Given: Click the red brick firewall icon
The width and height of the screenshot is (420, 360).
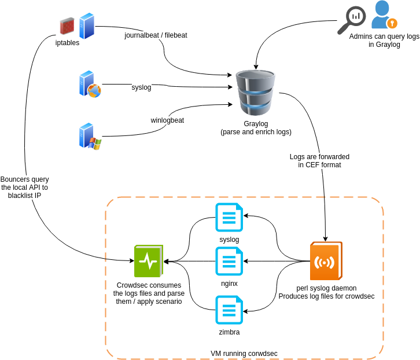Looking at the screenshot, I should tap(67, 26).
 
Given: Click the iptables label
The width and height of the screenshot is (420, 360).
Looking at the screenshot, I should tap(67, 43).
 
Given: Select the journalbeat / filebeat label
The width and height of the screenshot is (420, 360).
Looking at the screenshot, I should tap(156, 35).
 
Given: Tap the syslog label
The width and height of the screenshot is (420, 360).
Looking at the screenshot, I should tap(141, 87).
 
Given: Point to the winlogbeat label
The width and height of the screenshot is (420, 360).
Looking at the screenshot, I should tap(167, 120).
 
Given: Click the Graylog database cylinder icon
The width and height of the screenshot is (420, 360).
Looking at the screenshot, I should tap(255, 93).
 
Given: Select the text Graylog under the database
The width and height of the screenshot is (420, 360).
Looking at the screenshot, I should tap(256, 124).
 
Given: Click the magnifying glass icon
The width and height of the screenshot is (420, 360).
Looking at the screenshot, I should tap(351, 20).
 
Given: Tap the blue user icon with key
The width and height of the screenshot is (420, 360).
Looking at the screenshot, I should tap(383, 16).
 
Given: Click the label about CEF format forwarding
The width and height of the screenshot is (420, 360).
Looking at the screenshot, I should tap(319, 161).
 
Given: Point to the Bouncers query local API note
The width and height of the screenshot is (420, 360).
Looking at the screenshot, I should tap(24, 188).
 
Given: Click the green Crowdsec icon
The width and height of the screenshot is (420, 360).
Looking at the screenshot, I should tap(149, 261).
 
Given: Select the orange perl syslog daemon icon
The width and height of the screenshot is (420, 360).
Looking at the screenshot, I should tap(326, 262).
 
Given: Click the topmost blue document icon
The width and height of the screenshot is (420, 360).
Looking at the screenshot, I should tap(229, 217).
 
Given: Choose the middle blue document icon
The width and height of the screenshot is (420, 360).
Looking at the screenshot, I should tap(229, 261).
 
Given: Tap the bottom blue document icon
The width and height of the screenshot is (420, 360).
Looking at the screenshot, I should tap(229, 310).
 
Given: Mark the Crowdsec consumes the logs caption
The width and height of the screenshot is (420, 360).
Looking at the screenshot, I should tap(149, 293).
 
